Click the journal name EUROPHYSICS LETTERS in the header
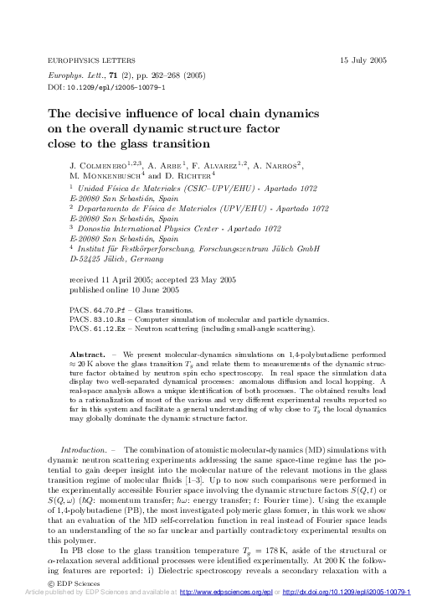[90, 61]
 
